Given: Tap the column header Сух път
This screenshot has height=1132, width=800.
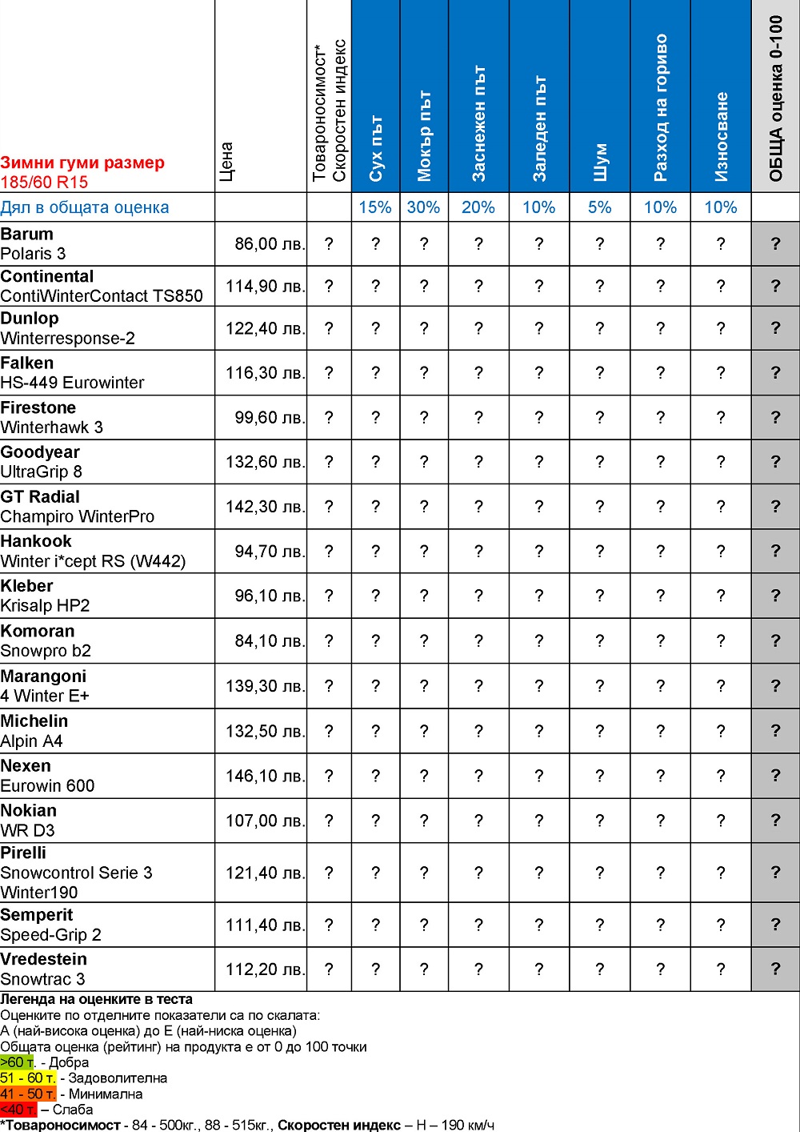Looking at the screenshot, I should pyautogui.click(x=376, y=148).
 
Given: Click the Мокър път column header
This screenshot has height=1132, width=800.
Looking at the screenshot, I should pyautogui.click(x=424, y=136).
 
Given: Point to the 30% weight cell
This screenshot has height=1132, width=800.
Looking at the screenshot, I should pyautogui.click(x=423, y=207).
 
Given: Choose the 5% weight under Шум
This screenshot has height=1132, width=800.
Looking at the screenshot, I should pyautogui.click(x=599, y=207).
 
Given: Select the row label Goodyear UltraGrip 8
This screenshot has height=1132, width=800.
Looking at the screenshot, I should pyautogui.click(x=41, y=462).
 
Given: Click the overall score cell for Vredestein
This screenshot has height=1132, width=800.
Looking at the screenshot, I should pyautogui.click(x=775, y=969).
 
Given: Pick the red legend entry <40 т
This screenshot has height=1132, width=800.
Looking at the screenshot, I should pyautogui.click(x=18, y=1110).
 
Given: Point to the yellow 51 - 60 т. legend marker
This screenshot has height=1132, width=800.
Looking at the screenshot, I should pyautogui.click(x=28, y=1078).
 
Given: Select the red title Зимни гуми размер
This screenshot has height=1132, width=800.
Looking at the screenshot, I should pyautogui.click(x=82, y=163).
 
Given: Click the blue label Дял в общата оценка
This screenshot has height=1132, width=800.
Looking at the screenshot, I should pyautogui.click(x=85, y=207).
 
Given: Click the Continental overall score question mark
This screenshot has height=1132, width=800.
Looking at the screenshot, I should pyautogui.click(x=775, y=286).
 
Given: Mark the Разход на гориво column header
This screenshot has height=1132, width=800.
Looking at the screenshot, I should pyautogui.click(x=660, y=108).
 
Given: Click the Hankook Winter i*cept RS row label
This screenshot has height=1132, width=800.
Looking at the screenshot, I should pyautogui.click(x=93, y=552).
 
